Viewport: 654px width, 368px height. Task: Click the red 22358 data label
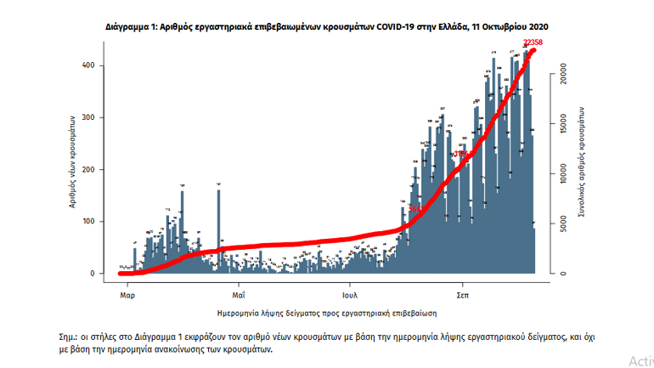[x=533, y=42]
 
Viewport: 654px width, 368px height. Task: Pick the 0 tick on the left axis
[x=104, y=274]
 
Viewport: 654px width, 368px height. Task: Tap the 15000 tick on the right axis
[x=561, y=124]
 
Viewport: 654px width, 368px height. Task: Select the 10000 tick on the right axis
[x=561, y=173]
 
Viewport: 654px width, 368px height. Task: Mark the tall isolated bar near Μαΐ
[x=219, y=229]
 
